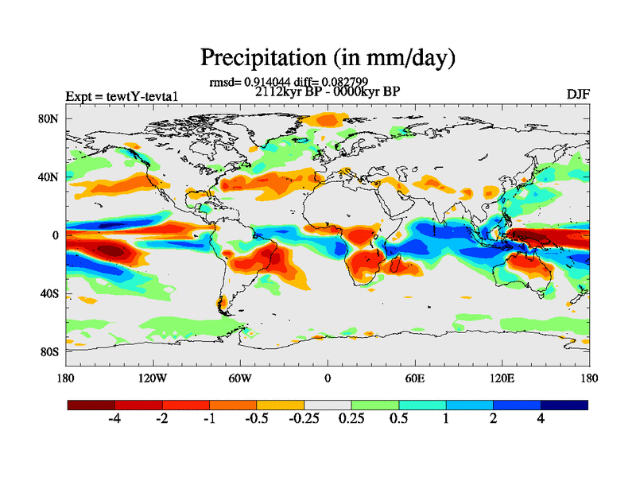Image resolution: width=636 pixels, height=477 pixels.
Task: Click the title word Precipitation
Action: click(x=258, y=57)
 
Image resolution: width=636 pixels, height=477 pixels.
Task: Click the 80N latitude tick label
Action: click(x=49, y=119)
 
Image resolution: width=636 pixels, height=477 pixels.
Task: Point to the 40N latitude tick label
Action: click(x=49, y=177)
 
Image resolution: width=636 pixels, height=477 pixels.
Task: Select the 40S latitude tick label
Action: click(x=49, y=293)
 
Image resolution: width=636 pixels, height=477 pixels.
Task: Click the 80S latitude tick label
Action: click(x=49, y=351)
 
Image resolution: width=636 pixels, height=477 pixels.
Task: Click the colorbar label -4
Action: click(x=114, y=421)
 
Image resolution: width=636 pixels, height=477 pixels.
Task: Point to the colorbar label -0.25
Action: click(x=303, y=421)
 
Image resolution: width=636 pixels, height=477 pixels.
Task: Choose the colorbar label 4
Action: click(x=541, y=421)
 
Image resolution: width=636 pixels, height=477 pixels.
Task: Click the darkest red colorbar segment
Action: click(x=91, y=405)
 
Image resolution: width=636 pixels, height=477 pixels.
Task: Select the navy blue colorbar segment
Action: click(x=564, y=405)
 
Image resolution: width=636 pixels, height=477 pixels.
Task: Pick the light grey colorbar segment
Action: click(x=328, y=405)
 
